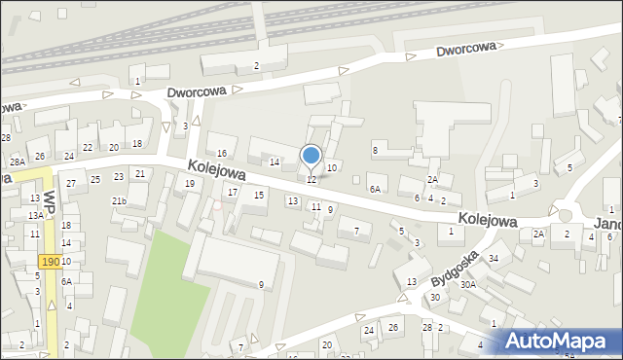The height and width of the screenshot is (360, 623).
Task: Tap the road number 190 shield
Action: [51, 263]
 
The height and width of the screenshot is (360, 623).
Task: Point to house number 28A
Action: [18, 162]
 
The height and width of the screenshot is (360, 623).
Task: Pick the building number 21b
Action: [119, 200]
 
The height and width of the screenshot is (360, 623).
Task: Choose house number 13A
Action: [35, 215]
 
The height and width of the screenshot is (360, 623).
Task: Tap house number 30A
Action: [468, 285]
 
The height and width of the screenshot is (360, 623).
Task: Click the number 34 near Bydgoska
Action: [494, 258]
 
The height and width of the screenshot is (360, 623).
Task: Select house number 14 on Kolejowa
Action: [275, 162]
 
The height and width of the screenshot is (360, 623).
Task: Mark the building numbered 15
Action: [259, 195]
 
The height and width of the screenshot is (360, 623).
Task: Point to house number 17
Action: [232, 192]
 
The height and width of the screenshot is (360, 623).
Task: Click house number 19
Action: [190, 183]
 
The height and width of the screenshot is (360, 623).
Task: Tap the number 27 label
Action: [71, 183]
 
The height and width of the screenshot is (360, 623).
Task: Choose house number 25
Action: [95, 179]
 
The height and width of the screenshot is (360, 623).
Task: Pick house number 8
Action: [375, 149]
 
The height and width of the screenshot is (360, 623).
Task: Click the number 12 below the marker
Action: [311, 180]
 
